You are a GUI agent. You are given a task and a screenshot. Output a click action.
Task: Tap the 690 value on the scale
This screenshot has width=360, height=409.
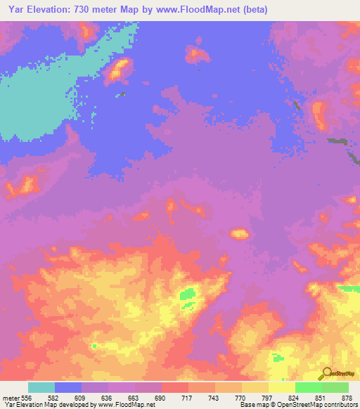tap(162, 397)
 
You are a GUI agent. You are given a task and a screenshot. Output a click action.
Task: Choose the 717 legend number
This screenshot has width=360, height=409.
tap(188, 397)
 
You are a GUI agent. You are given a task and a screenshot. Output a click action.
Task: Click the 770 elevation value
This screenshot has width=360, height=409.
tap(242, 397)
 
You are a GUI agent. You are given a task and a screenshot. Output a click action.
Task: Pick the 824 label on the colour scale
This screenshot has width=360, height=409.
tap(295, 397)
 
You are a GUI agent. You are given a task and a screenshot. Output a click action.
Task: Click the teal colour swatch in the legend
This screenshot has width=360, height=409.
tap(41, 387)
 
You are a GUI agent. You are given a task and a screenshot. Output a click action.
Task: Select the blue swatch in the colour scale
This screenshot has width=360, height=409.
tap(68, 387)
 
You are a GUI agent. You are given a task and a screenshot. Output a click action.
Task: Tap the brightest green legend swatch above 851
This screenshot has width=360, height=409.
tap(309, 387)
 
